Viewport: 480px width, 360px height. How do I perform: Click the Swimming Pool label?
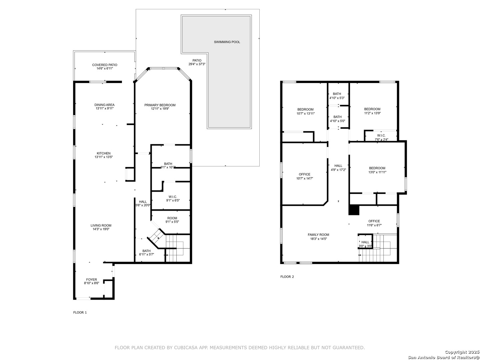(x=227, y=42)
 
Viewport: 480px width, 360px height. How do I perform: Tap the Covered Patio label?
(x=105, y=65)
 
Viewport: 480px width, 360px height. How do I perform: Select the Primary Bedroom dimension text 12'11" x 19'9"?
(x=160, y=109)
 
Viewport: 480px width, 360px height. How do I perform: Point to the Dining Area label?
(x=104, y=105)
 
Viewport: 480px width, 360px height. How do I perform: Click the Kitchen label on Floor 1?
(x=103, y=153)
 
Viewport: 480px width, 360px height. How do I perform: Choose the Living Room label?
(x=101, y=225)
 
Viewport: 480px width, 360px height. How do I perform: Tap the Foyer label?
(x=91, y=280)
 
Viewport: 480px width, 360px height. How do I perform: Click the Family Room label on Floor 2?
(x=318, y=235)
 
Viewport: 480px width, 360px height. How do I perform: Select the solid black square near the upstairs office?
(x=354, y=210)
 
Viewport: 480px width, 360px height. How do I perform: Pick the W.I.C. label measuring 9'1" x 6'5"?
(x=173, y=197)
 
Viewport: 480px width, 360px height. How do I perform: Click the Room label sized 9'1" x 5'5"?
(x=172, y=218)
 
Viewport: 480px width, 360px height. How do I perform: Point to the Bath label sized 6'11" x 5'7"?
(x=146, y=251)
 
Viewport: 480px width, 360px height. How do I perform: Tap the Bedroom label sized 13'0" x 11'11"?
(x=377, y=168)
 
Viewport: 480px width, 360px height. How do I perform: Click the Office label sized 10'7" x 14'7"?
(x=304, y=174)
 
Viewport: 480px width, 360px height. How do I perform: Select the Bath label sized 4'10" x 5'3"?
(x=337, y=94)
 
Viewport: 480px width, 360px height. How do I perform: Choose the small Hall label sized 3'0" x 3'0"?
(x=365, y=242)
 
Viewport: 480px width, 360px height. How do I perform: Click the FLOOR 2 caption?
(x=287, y=277)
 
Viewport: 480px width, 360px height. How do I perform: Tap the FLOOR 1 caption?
(x=80, y=313)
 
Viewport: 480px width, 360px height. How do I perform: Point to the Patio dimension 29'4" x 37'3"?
(x=197, y=64)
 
